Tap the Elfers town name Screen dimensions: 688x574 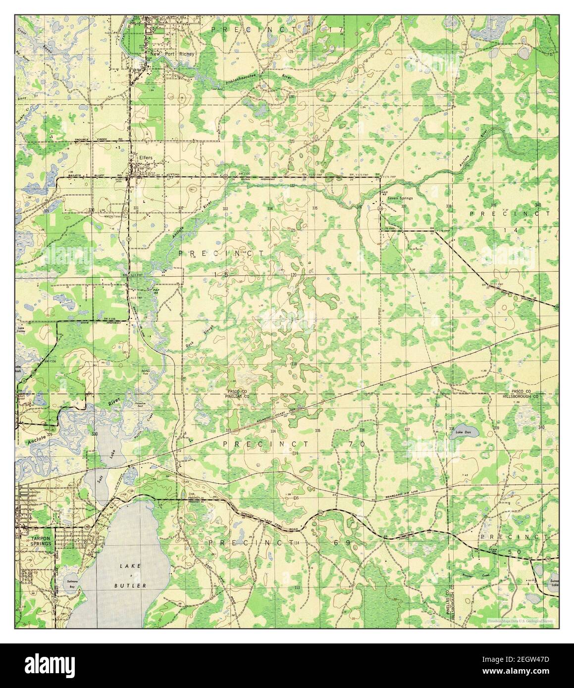[146, 158]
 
